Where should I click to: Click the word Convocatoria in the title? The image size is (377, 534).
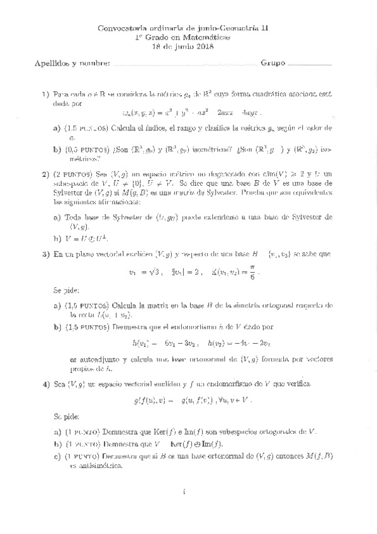tap(123, 29)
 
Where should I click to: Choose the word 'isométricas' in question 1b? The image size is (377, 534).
tap(196, 151)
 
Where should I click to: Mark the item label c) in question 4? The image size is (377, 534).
tap(58, 457)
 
